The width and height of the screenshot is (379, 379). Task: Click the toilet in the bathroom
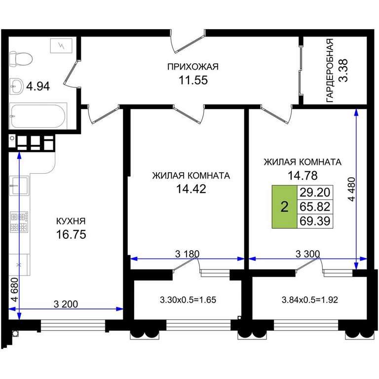pyautogui.click(x=21, y=59)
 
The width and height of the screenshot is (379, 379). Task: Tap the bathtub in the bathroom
pyautogui.click(x=38, y=116)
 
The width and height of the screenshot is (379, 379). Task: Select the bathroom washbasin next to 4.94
pyautogui.click(x=16, y=86)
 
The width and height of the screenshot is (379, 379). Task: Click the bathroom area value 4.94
pyautogui.click(x=38, y=86)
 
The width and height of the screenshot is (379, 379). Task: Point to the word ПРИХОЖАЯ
pyautogui.click(x=193, y=67)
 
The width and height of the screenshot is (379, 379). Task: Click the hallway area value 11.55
pyautogui.click(x=193, y=80)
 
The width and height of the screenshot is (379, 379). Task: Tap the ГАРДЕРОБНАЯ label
pyautogui.click(x=330, y=71)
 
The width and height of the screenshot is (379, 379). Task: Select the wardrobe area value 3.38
pyautogui.click(x=343, y=71)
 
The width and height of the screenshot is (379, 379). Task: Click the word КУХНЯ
pyautogui.click(x=71, y=221)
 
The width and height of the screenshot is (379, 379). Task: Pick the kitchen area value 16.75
pyautogui.click(x=71, y=234)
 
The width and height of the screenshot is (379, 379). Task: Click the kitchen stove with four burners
pyautogui.click(x=19, y=222)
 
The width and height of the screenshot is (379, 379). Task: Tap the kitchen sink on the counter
pyautogui.click(x=19, y=186)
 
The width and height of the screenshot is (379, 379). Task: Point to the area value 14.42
pyautogui.click(x=191, y=189)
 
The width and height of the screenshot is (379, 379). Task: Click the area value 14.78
pyautogui.click(x=302, y=175)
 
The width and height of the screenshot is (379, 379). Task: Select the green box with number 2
pyautogui.click(x=284, y=207)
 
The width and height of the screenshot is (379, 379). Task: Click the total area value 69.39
pyautogui.click(x=315, y=221)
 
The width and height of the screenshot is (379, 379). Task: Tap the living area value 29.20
pyautogui.click(x=315, y=192)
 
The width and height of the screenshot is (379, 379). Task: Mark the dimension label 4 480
pyautogui.click(x=352, y=189)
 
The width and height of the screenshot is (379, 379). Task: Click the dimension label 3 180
pyautogui.click(x=188, y=254)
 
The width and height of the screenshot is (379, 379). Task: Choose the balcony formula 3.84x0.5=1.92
pyautogui.click(x=309, y=300)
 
